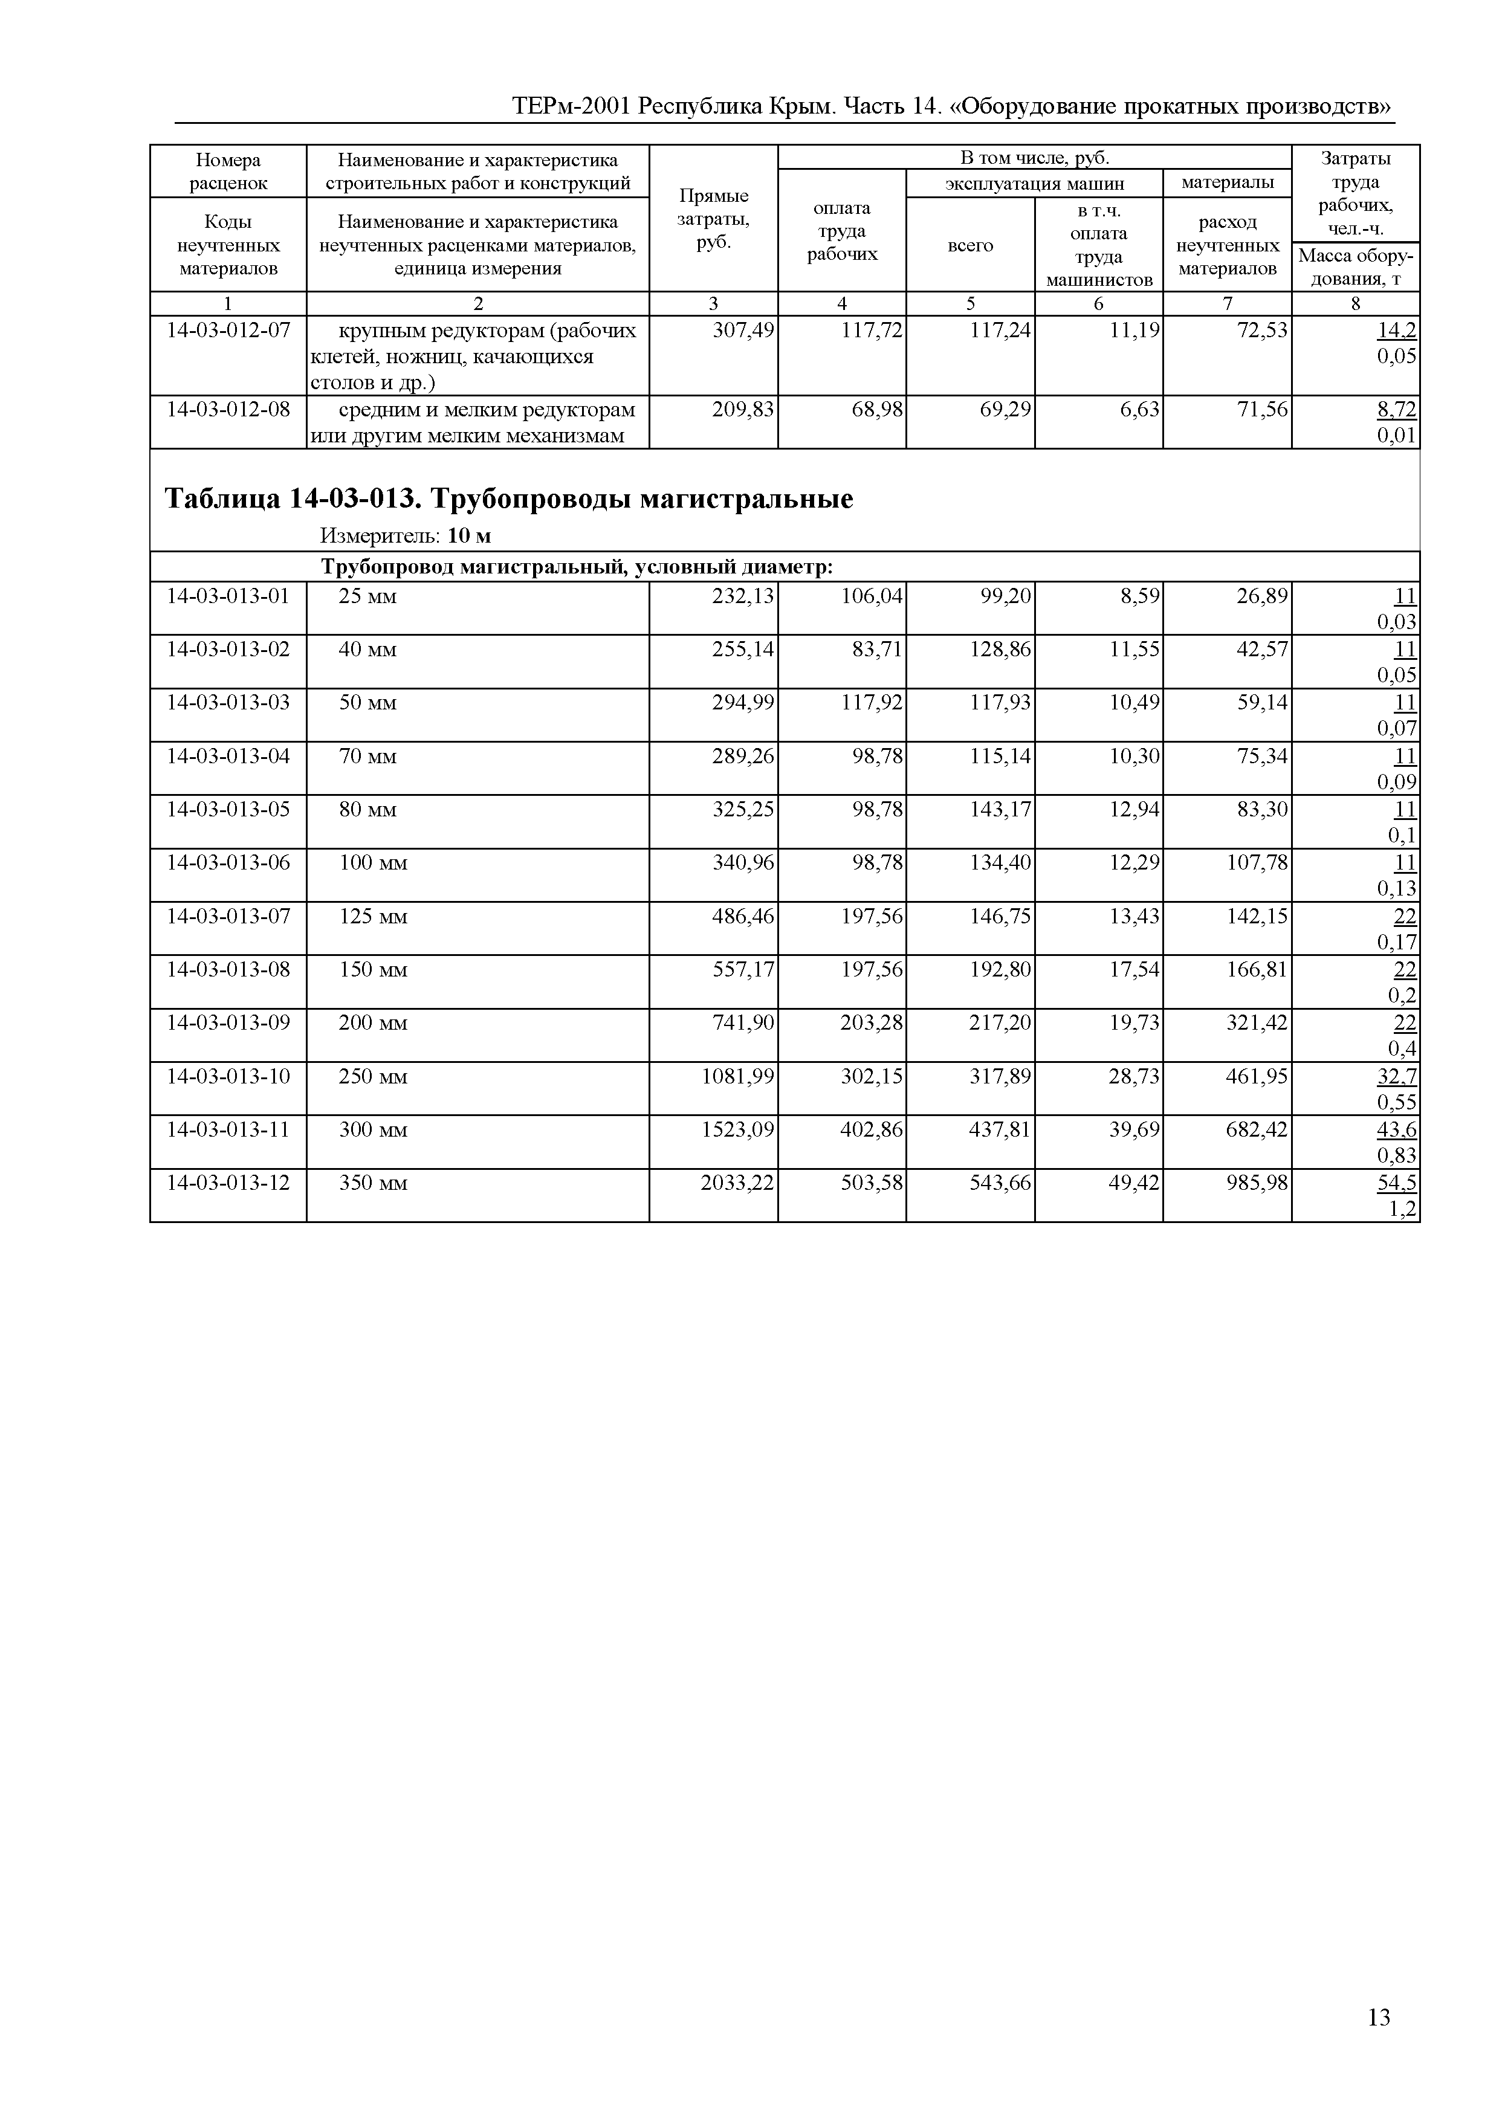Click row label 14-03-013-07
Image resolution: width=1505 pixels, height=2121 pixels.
coord(228,917)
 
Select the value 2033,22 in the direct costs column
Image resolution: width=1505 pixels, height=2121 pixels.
coord(737,1183)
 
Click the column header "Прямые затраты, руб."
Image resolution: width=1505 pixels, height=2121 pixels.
coord(713,219)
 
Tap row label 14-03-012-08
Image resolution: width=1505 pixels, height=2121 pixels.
coord(228,410)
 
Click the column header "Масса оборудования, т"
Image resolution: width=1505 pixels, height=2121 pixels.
coord(1355,267)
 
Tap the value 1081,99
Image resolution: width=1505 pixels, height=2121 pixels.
coord(737,1077)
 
